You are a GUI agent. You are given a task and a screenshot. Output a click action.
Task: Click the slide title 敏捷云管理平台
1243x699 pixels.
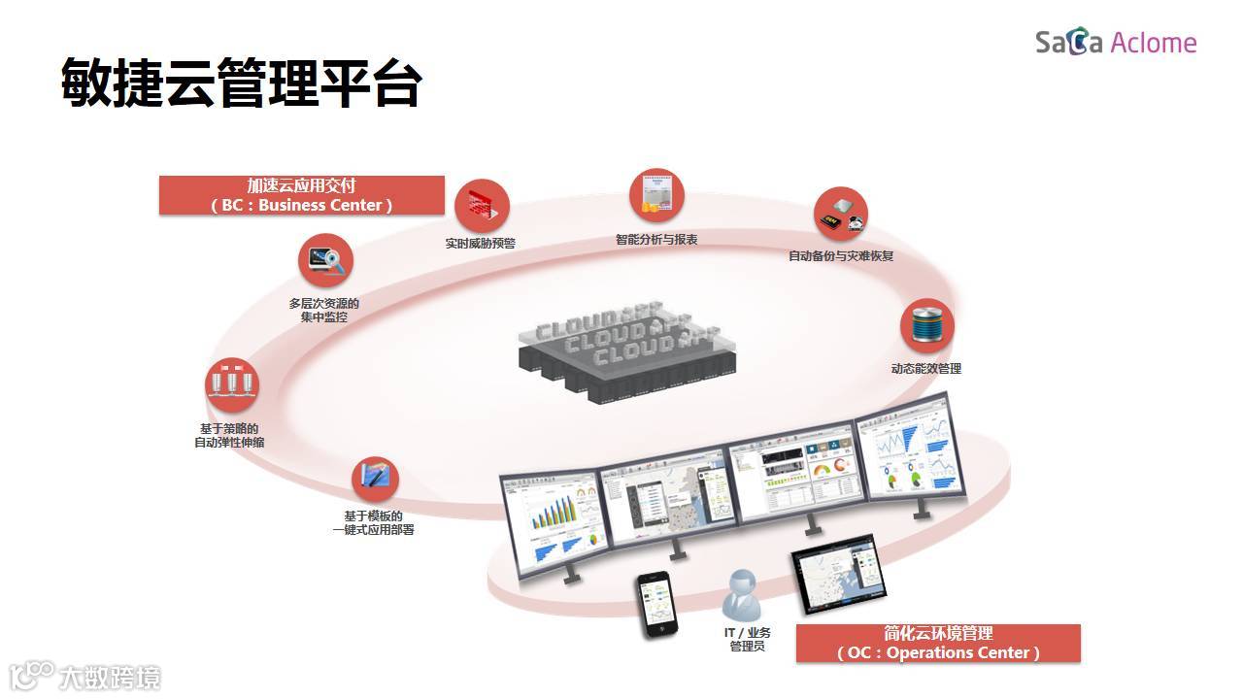point(241,82)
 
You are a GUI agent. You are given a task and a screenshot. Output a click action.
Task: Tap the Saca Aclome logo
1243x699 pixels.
point(1116,43)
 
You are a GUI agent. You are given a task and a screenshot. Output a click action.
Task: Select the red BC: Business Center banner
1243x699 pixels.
point(302,195)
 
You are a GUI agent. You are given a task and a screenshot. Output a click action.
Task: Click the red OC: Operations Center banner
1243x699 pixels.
point(938,644)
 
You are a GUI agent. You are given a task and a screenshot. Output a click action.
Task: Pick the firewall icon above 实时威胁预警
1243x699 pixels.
point(482,206)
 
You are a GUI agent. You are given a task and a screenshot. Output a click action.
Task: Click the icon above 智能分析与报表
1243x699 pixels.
point(656,196)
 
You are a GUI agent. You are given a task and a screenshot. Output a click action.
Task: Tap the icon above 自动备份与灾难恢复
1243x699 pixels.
point(840,215)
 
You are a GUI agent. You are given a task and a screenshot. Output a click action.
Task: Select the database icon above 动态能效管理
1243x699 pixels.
point(926,325)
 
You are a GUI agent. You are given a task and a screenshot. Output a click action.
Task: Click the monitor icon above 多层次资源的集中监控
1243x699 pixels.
point(324,260)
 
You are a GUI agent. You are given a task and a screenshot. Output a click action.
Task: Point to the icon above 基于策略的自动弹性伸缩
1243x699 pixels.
point(231,384)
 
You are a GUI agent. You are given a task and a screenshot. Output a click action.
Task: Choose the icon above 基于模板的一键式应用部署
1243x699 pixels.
point(375,480)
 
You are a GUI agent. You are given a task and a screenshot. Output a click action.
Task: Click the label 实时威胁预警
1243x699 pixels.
point(480,244)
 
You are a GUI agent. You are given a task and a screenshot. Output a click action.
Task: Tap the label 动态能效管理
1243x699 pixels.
point(926,369)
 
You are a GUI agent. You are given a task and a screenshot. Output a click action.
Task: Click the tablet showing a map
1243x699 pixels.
point(839,579)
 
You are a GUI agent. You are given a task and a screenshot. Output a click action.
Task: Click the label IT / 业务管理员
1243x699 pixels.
point(747,640)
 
